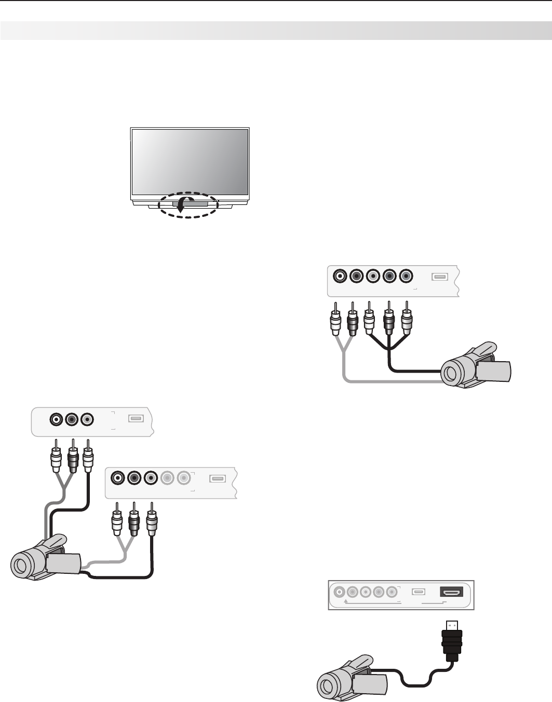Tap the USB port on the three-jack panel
[136, 418]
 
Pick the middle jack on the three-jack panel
[72, 419]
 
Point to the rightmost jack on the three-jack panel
[87, 419]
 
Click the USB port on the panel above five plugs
[439, 277]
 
